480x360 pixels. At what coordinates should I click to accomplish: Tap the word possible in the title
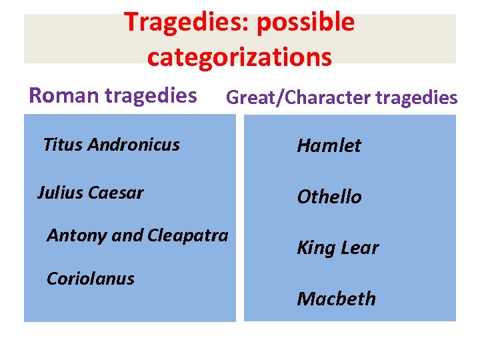pyautogui.click(x=306, y=23)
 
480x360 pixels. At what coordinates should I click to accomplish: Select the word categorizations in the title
pyautogui.click(x=239, y=57)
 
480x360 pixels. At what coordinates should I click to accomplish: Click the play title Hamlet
pyautogui.click(x=329, y=145)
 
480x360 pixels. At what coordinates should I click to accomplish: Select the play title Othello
pyautogui.click(x=329, y=197)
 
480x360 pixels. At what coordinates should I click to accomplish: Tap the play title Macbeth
pyautogui.click(x=336, y=299)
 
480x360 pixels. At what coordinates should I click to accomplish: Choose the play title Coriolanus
pyautogui.click(x=90, y=279)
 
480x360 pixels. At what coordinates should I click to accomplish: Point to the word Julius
pyautogui.click(x=59, y=193)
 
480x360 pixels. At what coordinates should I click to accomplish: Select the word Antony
pyautogui.click(x=72, y=236)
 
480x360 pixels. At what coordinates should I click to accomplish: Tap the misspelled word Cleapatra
pyautogui.click(x=187, y=236)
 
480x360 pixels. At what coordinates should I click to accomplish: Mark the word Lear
pyautogui.click(x=360, y=248)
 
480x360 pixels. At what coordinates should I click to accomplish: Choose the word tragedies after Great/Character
pyautogui.click(x=417, y=98)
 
